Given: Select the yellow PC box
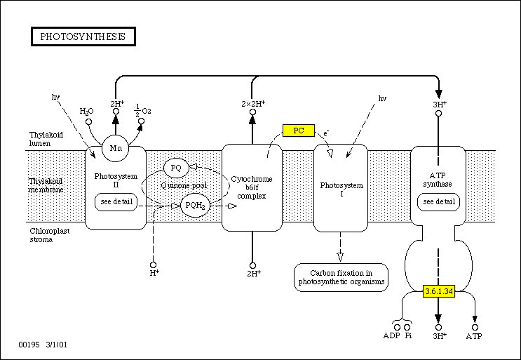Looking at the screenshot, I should pos(297,131).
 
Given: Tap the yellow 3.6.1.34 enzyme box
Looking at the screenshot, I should pos(440,290).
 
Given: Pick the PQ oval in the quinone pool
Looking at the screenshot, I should pos(177,168).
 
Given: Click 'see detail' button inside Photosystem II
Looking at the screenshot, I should pos(116,202).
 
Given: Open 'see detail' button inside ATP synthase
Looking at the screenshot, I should pos(438,202).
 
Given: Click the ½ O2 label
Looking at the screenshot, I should pos(143,109).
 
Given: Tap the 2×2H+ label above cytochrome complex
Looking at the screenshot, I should pos(252,104).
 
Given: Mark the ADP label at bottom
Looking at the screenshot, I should pos(391,337).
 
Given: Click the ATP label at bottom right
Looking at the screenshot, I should pos(475,337).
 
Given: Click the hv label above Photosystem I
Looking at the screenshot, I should pos(382,98).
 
